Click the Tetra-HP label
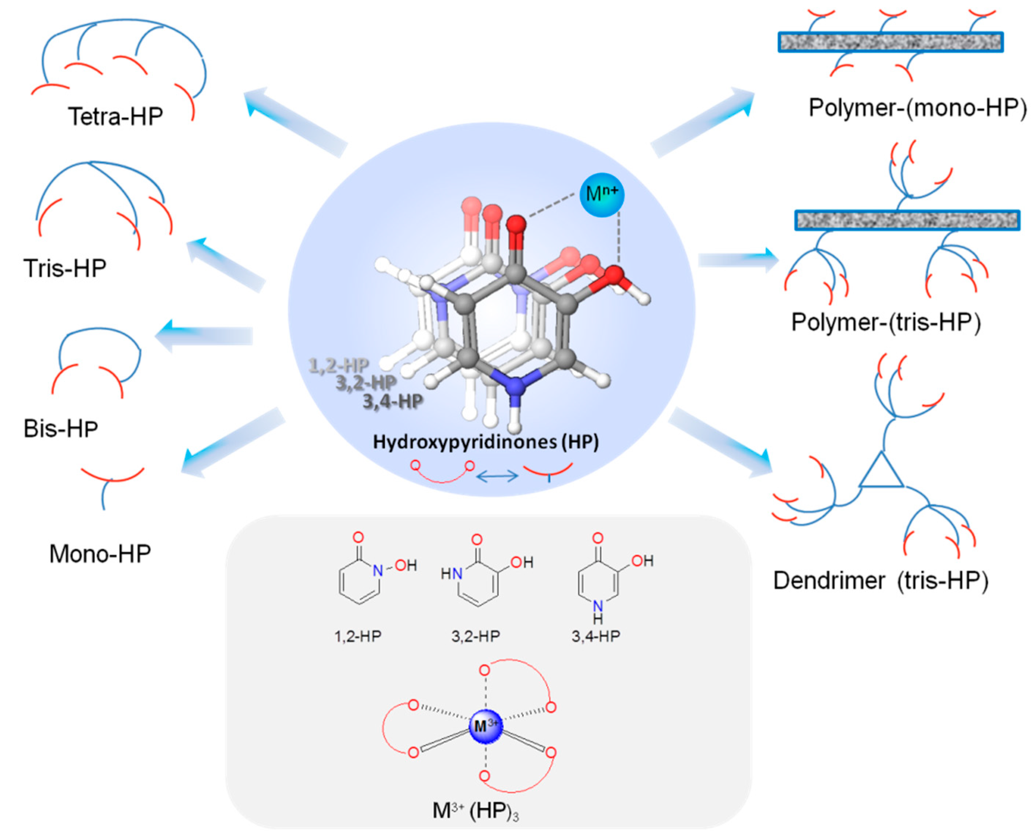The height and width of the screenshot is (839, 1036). [x=115, y=117]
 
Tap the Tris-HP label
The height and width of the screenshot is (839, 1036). [x=65, y=268]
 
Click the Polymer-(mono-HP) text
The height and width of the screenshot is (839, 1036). [x=917, y=107]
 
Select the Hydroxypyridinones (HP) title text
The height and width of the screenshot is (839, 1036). [x=486, y=442]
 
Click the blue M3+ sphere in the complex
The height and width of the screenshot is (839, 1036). [x=485, y=726]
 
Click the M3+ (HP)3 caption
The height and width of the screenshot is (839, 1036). [x=476, y=810]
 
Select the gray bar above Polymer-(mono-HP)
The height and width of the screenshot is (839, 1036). [x=890, y=42]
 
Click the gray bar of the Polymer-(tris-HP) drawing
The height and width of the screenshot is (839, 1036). [x=907, y=220]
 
